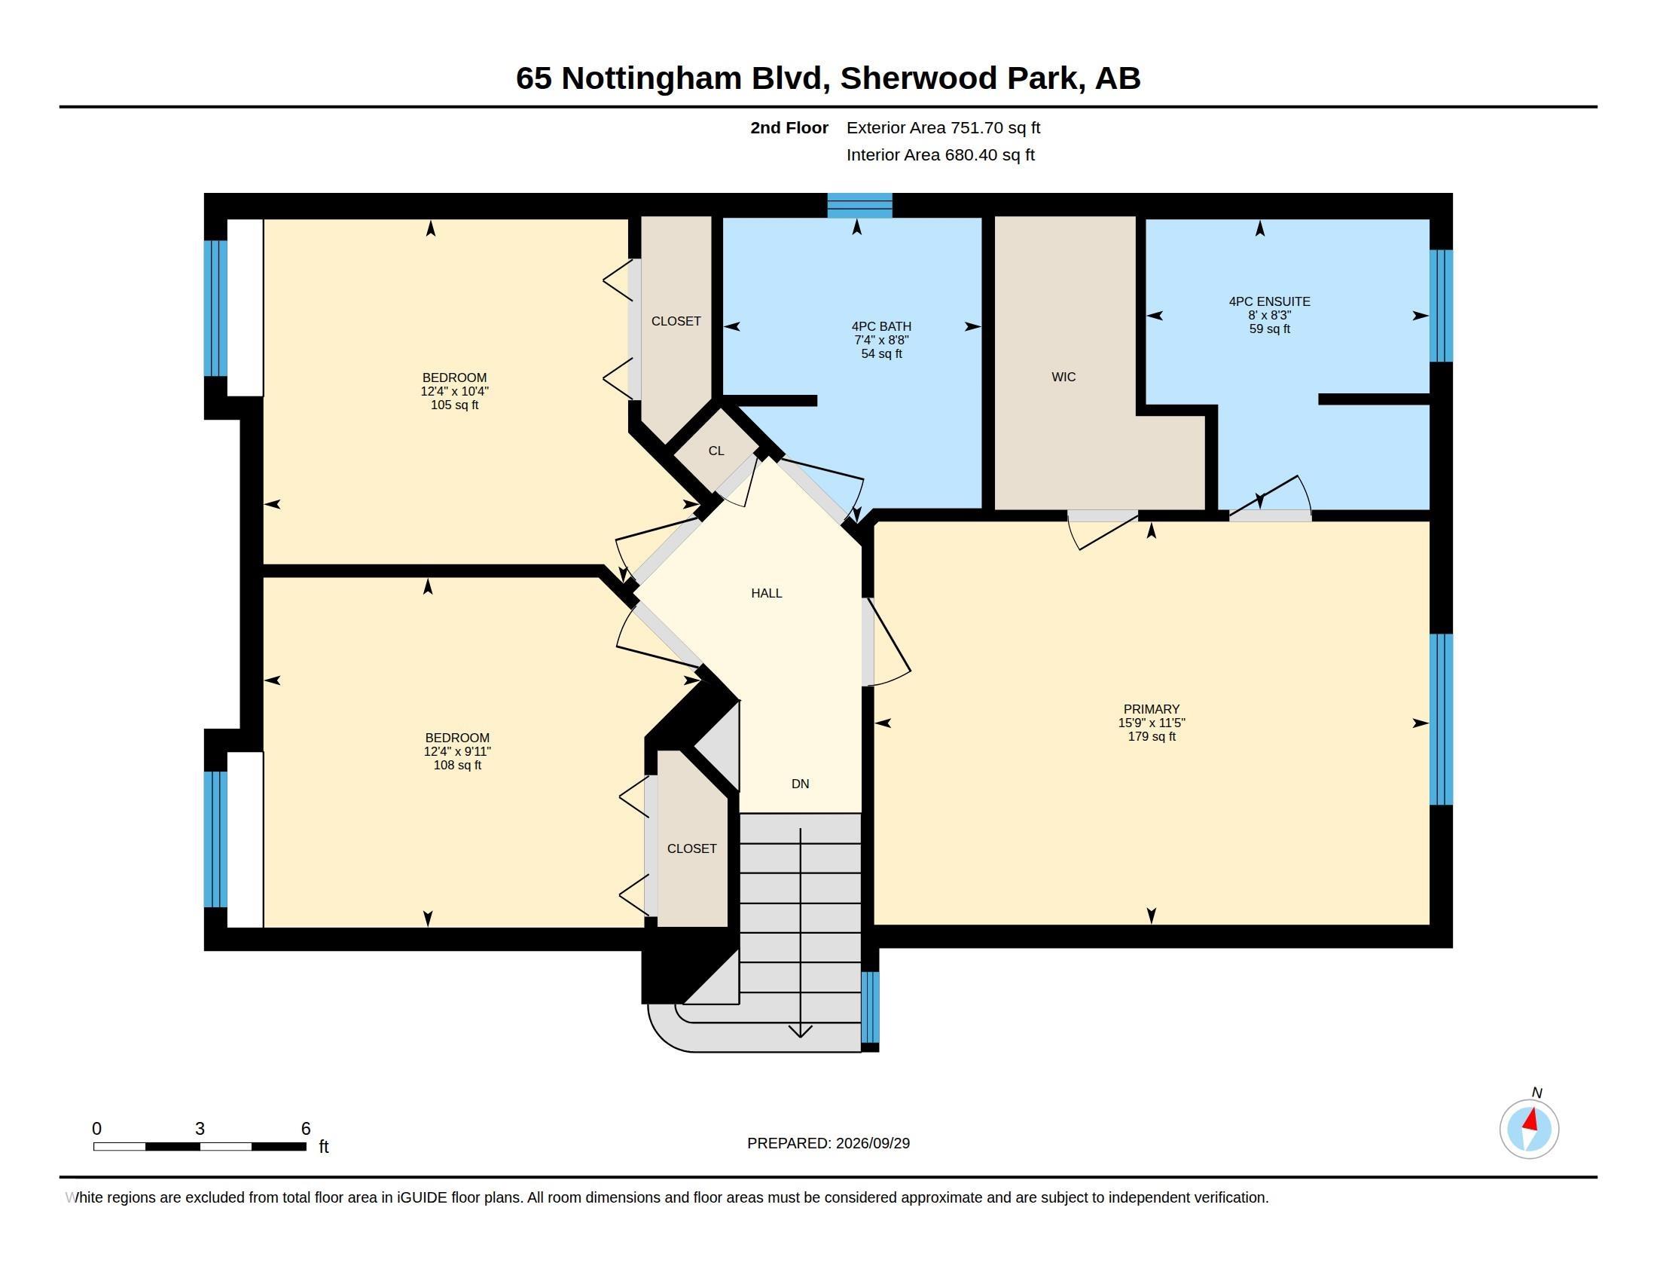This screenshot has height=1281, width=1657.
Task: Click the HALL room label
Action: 766,594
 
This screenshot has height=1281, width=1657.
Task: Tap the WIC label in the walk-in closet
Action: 1063,378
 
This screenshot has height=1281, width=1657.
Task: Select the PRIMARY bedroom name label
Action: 1152,710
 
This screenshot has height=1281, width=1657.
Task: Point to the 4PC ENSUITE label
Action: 1269,301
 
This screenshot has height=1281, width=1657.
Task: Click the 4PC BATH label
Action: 882,326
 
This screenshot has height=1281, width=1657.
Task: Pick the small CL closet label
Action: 716,451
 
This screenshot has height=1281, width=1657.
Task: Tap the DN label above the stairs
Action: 801,784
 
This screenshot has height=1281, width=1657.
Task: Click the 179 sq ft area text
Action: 1152,737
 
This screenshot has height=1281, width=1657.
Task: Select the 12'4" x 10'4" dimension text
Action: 454,392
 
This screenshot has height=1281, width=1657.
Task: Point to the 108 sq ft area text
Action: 457,766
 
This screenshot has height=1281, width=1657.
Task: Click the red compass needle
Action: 1531,1119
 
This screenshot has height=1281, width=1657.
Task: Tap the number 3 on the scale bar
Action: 200,1129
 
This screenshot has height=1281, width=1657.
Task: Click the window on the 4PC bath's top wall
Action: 859,206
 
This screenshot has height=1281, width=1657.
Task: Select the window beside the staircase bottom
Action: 870,1007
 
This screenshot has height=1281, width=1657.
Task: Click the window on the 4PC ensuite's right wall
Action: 1441,306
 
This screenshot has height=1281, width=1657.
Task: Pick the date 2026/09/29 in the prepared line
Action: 872,1144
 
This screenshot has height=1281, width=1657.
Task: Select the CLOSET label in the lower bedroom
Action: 692,849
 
